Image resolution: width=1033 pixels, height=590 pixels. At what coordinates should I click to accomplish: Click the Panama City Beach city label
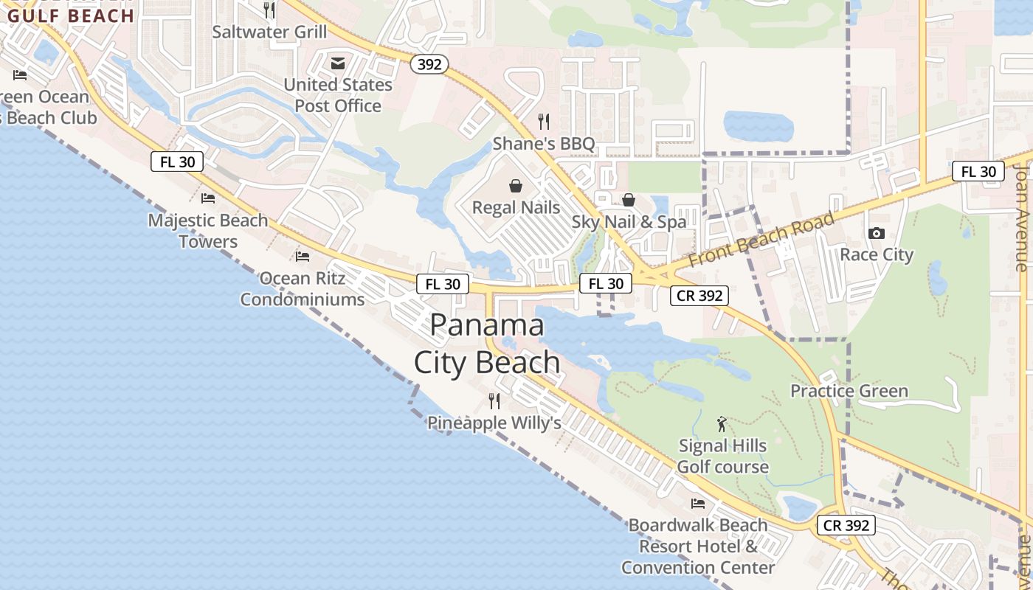[487, 344]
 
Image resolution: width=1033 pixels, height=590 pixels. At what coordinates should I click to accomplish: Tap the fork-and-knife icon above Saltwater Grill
[269, 10]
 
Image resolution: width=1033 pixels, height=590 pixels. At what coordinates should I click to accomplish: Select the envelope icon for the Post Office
[338, 63]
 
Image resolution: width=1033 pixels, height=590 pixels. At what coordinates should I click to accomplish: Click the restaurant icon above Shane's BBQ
[544, 121]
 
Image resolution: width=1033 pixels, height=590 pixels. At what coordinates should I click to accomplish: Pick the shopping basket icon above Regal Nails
[516, 186]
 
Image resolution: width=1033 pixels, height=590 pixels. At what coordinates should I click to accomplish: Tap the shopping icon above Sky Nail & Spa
[629, 200]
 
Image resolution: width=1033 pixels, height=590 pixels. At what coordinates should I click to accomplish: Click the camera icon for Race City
[877, 233]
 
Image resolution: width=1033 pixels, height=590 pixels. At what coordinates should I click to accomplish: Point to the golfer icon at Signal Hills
[722, 424]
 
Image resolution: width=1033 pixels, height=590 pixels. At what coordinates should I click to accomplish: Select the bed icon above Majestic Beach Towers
[208, 198]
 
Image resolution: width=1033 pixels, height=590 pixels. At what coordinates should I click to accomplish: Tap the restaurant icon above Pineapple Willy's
[494, 401]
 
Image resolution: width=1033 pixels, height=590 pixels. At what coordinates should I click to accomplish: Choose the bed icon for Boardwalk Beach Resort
[698, 503]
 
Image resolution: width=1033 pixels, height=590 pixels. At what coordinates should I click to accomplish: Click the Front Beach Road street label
[772, 240]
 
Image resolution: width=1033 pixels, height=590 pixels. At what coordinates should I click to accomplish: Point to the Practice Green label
[849, 391]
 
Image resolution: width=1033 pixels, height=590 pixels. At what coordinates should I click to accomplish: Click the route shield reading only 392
[429, 64]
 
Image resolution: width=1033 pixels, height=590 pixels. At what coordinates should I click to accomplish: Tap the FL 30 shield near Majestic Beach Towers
[177, 162]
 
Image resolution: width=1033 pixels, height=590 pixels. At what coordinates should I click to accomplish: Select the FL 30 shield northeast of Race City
[978, 172]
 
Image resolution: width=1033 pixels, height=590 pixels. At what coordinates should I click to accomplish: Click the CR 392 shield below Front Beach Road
[699, 296]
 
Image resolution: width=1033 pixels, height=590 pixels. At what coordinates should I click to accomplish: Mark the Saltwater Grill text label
[269, 32]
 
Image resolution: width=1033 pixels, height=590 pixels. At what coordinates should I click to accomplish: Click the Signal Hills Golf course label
[723, 457]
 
